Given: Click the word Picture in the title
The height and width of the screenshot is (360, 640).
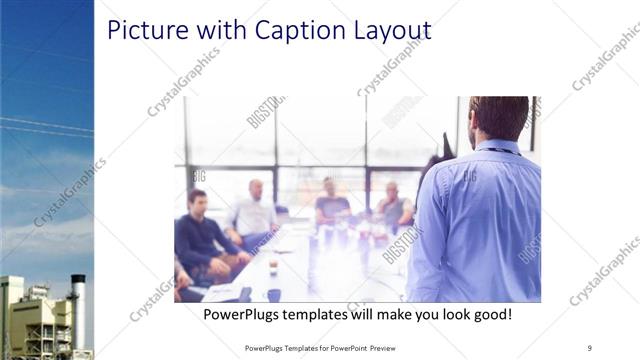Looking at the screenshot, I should coord(145,30).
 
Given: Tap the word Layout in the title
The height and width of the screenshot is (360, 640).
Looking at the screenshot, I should coord(385,30).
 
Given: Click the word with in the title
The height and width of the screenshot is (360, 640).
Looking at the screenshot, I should coord(207,30).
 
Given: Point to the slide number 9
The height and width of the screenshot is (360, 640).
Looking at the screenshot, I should coord(589,348).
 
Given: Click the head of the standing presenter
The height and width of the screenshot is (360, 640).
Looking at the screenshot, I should coord(497,118).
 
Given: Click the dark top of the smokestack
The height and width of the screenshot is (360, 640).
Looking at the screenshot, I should coord(78,283).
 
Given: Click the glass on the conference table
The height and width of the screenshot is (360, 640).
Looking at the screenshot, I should coord(273,265).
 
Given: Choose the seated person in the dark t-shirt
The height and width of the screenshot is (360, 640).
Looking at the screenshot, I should coord(331,205).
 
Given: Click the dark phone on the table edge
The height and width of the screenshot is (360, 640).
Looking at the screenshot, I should coord(245,294).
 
